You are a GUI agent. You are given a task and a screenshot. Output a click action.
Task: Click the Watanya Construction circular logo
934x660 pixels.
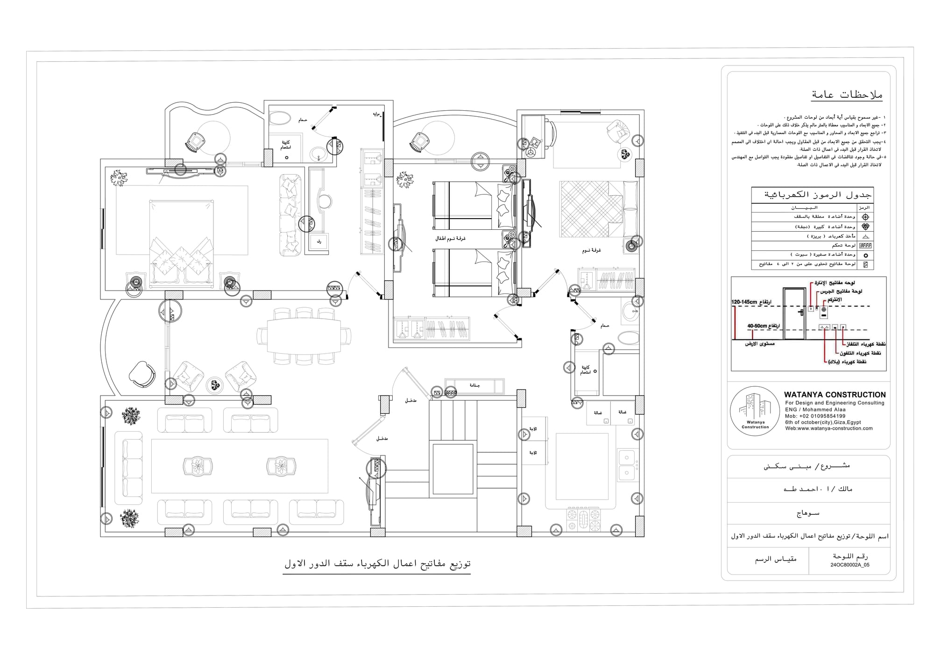coord(755,412)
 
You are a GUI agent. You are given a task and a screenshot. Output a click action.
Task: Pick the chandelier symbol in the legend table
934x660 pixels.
coord(865,227)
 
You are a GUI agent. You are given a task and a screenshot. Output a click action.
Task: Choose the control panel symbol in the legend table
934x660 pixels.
coord(865,245)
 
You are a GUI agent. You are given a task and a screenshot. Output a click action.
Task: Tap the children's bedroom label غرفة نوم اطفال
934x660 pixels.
coord(450,238)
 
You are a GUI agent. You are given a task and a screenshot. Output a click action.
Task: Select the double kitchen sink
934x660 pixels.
coord(626,465)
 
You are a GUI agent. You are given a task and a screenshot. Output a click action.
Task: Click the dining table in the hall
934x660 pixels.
coord(304,336)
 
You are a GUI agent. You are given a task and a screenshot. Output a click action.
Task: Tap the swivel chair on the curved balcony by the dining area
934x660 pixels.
coord(142,374)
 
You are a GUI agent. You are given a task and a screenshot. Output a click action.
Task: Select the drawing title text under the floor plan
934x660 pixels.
coord(377,564)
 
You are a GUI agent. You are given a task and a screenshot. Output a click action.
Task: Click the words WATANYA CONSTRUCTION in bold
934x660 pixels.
coord(835,395)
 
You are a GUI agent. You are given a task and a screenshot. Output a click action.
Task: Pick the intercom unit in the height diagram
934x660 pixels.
coord(824,310)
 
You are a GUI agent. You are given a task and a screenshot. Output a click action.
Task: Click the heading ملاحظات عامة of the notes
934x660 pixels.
coord(847,95)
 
